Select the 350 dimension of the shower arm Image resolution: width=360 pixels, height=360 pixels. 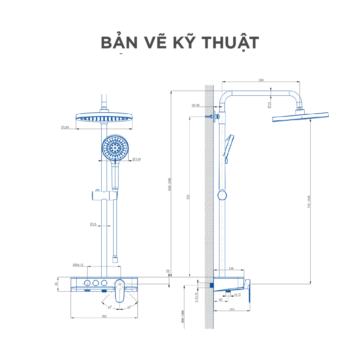click(261, 80)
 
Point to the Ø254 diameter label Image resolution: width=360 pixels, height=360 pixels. click(65, 127)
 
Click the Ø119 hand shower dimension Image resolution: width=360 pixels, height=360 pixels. click(136, 159)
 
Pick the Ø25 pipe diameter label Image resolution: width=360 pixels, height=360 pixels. click(93, 224)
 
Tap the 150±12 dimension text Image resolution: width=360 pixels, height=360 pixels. click(78, 265)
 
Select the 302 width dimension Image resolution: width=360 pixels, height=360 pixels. click(104, 316)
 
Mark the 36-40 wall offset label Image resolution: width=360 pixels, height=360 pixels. click(195, 105)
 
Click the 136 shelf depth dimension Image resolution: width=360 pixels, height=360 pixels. click(231, 269)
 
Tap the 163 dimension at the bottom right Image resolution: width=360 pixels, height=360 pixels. click(232, 309)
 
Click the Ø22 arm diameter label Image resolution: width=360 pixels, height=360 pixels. click(269, 105)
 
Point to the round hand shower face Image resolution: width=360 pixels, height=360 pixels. click(116, 148)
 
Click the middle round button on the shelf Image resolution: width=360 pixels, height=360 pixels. click(95, 283)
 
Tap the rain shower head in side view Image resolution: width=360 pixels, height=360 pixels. click(301, 118)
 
